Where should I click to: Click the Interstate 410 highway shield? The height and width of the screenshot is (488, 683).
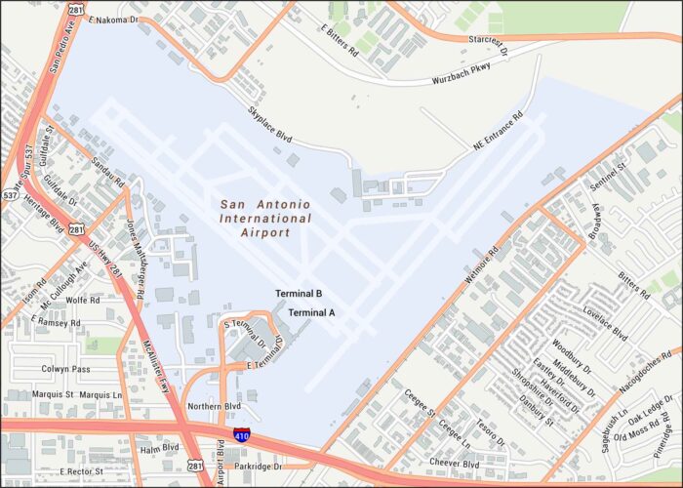pyautogui.click(x=241, y=435)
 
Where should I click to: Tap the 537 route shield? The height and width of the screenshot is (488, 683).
pyautogui.click(x=9, y=195)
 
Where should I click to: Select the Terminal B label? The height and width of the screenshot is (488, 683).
pyautogui.click(x=299, y=294)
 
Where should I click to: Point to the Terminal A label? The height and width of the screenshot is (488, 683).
pyautogui.click(x=312, y=312)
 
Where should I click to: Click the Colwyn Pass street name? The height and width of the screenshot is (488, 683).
pyautogui.click(x=66, y=369)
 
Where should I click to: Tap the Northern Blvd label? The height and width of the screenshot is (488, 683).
pyautogui.click(x=214, y=406)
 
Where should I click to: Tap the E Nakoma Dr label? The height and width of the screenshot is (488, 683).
pyautogui.click(x=113, y=19)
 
